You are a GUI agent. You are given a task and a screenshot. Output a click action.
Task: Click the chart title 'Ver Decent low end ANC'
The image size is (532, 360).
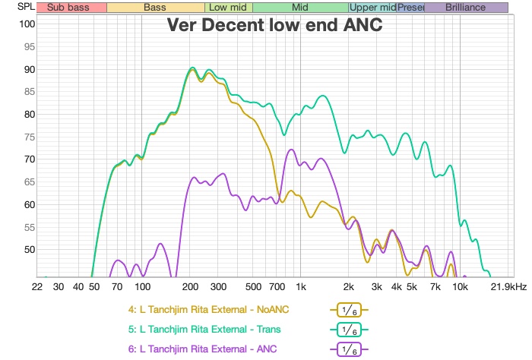(274, 25)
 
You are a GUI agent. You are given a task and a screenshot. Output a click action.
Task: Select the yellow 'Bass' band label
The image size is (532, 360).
(155, 8)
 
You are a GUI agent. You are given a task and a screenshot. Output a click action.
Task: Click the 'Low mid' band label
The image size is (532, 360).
(227, 8)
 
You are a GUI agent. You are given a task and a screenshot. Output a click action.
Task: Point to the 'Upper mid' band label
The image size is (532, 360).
(372, 8)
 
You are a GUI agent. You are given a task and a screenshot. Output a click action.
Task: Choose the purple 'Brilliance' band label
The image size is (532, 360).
(466, 8)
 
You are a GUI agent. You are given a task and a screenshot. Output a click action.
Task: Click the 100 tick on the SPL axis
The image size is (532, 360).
(27, 24)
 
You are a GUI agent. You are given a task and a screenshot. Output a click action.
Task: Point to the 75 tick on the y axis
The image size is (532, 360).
(27, 137)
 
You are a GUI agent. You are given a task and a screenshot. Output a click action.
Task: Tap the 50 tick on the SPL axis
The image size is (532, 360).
(27, 250)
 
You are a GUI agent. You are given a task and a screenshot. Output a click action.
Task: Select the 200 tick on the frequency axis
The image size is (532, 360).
(190, 287)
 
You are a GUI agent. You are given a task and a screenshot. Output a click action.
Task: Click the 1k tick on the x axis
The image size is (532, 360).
(301, 287)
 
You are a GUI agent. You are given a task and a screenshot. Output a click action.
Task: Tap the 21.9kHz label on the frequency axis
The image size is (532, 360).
(507, 287)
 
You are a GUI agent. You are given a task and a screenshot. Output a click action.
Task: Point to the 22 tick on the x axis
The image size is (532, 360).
(37, 287)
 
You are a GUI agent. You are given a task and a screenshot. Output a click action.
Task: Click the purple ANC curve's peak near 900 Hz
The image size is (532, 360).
(291, 150)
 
